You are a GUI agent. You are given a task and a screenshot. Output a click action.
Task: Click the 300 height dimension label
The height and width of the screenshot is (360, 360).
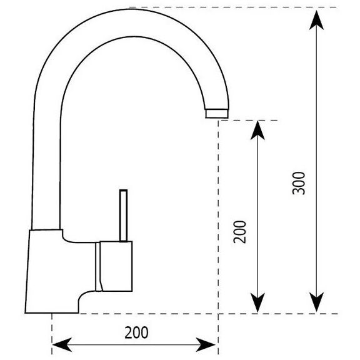click(299, 183)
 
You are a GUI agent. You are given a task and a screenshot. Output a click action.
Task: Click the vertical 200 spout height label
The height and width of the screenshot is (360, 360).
click(239, 232)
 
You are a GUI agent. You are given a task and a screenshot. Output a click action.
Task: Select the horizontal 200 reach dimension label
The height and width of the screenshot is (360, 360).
click(136, 332)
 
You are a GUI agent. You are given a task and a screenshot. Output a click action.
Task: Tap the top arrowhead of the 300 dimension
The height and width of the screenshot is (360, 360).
click(316, 20)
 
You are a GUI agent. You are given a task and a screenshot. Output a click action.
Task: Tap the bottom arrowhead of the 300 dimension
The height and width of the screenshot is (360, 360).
click(316, 302)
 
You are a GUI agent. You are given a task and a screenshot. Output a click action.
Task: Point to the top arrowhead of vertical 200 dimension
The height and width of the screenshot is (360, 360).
click(257, 130)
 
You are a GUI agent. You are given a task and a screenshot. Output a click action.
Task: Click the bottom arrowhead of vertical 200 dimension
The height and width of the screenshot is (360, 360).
click(257, 302)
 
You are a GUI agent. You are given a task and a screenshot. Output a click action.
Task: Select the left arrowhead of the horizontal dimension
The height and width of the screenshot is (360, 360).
click(62, 344)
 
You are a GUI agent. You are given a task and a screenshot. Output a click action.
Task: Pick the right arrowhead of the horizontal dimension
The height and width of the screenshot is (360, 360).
click(206, 344)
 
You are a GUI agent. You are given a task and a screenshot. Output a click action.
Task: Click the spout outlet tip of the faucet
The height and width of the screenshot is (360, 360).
click(217, 114)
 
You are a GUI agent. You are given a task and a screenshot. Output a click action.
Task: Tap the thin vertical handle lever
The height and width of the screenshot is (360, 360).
click(124, 216)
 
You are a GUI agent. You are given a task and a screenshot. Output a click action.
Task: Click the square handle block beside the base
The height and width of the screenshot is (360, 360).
click(116, 266)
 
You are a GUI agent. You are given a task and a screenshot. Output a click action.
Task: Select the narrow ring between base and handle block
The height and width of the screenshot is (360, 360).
click(97, 267)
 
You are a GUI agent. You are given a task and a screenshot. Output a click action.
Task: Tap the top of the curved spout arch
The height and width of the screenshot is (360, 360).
click(133, 22)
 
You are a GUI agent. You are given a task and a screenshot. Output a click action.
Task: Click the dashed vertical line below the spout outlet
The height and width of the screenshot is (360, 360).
click(218, 236)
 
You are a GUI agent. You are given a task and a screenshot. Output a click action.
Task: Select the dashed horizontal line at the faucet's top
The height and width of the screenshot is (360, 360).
click(233, 7)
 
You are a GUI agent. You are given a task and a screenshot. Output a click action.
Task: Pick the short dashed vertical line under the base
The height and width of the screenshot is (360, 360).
click(52, 334)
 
